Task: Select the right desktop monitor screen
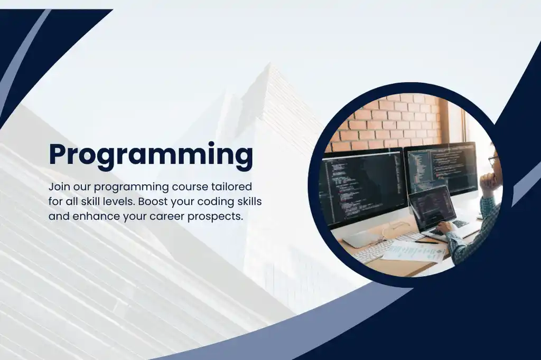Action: [441, 168]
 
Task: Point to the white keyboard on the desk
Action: [373, 250]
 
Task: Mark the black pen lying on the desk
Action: [426, 242]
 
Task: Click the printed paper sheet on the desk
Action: [415, 252]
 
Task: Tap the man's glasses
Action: [492, 160]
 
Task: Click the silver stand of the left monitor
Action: [365, 237]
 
